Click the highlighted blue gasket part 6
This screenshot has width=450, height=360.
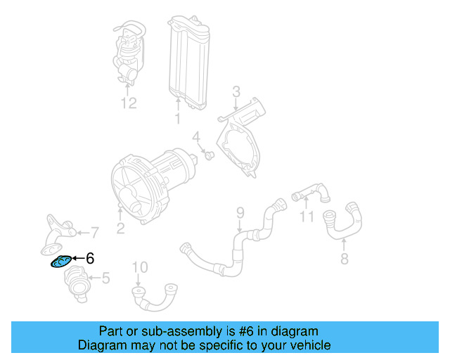(61, 262)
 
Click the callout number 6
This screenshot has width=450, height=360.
(89, 259)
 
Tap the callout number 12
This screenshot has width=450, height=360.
(127, 104)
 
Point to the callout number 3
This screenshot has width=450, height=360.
(236, 91)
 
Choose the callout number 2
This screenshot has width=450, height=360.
(120, 227)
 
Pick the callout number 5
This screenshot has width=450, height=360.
(105, 278)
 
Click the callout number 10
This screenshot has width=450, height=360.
(140, 266)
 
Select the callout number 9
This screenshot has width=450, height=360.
(239, 212)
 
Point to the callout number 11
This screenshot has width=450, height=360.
(306, 217)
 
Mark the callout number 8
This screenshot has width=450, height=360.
(343, 260)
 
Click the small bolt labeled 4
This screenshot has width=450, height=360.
(210, 153)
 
